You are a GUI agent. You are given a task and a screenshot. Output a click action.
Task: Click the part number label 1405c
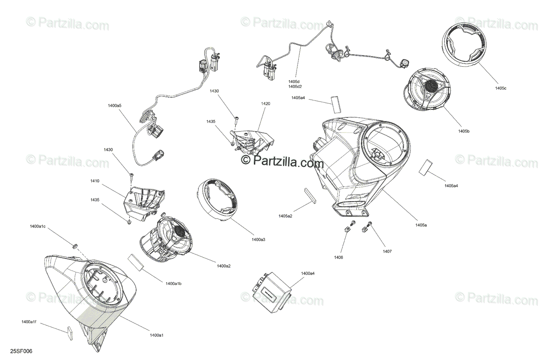500,88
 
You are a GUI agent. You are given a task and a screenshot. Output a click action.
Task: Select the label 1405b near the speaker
464,132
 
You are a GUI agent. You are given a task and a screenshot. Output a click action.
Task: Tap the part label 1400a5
114,106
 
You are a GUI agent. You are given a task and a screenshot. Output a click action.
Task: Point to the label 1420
265,104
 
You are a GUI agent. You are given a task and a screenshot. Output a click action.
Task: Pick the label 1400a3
258,240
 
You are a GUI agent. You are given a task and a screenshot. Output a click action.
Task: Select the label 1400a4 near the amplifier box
307,274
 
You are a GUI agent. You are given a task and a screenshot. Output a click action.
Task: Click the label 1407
387,251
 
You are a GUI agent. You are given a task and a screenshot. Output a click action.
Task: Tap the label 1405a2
285,216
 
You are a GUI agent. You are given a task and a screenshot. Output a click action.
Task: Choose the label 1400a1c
38,226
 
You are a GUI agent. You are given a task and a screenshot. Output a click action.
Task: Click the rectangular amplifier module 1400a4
271,290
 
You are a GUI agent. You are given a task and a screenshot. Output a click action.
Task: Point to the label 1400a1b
173,283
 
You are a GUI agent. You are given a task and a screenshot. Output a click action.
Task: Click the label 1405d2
295,87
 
